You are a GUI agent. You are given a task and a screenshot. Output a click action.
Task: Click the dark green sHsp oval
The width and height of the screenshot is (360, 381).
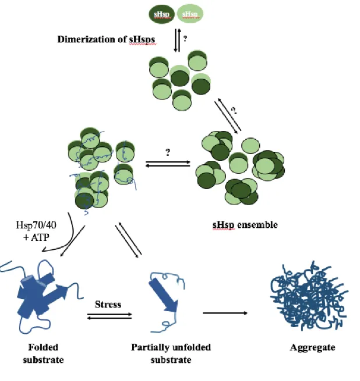[162, 14]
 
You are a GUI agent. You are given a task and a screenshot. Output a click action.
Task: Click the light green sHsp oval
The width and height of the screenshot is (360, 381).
[190, 13]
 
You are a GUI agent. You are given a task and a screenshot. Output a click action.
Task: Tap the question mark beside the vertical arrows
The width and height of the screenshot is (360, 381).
[185, 38]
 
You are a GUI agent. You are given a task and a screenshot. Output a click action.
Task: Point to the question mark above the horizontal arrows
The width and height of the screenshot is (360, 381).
[168, 153]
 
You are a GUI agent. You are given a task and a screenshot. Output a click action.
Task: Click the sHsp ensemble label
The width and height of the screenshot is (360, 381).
[245, 225]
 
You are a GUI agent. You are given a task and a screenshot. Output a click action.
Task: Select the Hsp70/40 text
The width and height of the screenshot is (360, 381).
[36, 225]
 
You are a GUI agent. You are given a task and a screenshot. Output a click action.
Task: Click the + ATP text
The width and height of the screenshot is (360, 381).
[37, 237]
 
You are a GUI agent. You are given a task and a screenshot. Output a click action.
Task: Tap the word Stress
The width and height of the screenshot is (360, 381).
[108, 304]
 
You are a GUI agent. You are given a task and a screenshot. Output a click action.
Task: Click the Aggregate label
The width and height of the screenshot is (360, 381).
[313, 347]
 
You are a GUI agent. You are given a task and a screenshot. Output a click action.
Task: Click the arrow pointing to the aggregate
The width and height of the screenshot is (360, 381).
[225, 313]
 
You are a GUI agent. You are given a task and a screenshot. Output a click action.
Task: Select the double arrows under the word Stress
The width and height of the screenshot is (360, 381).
[110, 316]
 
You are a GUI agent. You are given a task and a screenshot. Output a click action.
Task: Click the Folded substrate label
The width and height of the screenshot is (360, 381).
[43, 353]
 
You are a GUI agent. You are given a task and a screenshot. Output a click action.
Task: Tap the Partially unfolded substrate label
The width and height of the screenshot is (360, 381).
[171, 353]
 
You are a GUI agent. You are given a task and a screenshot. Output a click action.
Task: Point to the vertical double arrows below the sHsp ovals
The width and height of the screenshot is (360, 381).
[178, 40]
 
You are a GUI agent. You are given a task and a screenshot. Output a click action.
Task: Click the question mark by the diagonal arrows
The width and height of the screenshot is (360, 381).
[234, 111]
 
